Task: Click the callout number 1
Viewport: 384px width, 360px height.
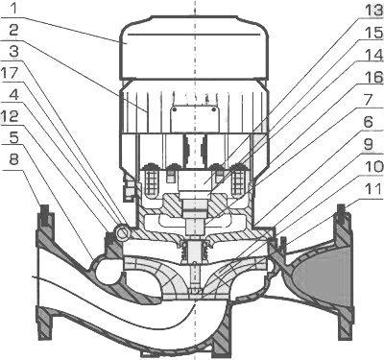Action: pyautogui.click(x=13, y=8)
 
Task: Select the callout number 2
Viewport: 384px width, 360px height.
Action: pyautogui.click(x=13, y=31)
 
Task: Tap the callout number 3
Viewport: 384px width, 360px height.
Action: pyautogui.click(x=13, y=52)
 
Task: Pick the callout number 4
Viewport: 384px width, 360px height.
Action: pyautogui.click(x=13, y=94)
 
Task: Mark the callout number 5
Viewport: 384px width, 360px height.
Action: pyautogui.click(x=13, y=137)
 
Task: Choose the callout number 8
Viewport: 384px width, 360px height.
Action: pyautogui.click(x=13, y=159)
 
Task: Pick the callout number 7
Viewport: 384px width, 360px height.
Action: pyautogui.click(x=369, y=100)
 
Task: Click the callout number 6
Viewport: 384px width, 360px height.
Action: pyautogui.click(x=369, y=122)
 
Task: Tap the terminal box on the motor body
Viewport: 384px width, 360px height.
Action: pyautogui.click(x=194, y=119)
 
